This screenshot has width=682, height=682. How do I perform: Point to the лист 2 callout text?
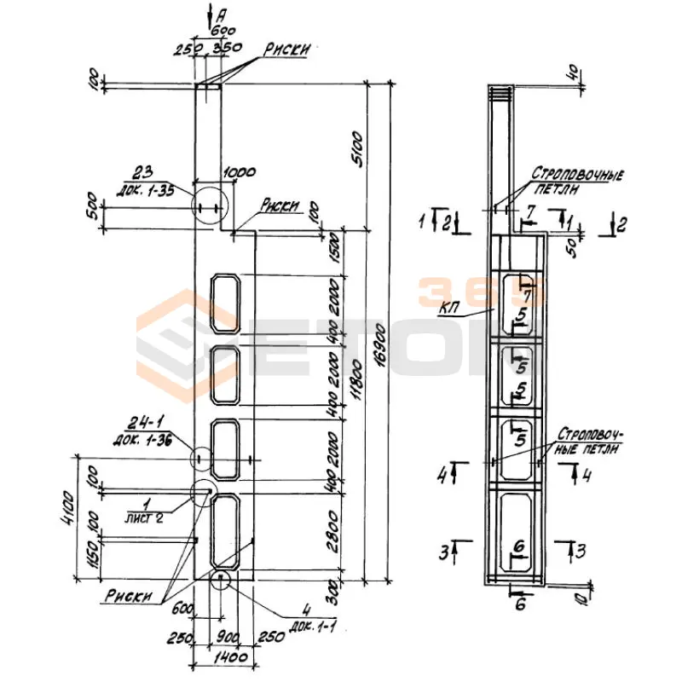(146, 517)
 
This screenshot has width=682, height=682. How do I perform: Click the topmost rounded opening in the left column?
(224, 303)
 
